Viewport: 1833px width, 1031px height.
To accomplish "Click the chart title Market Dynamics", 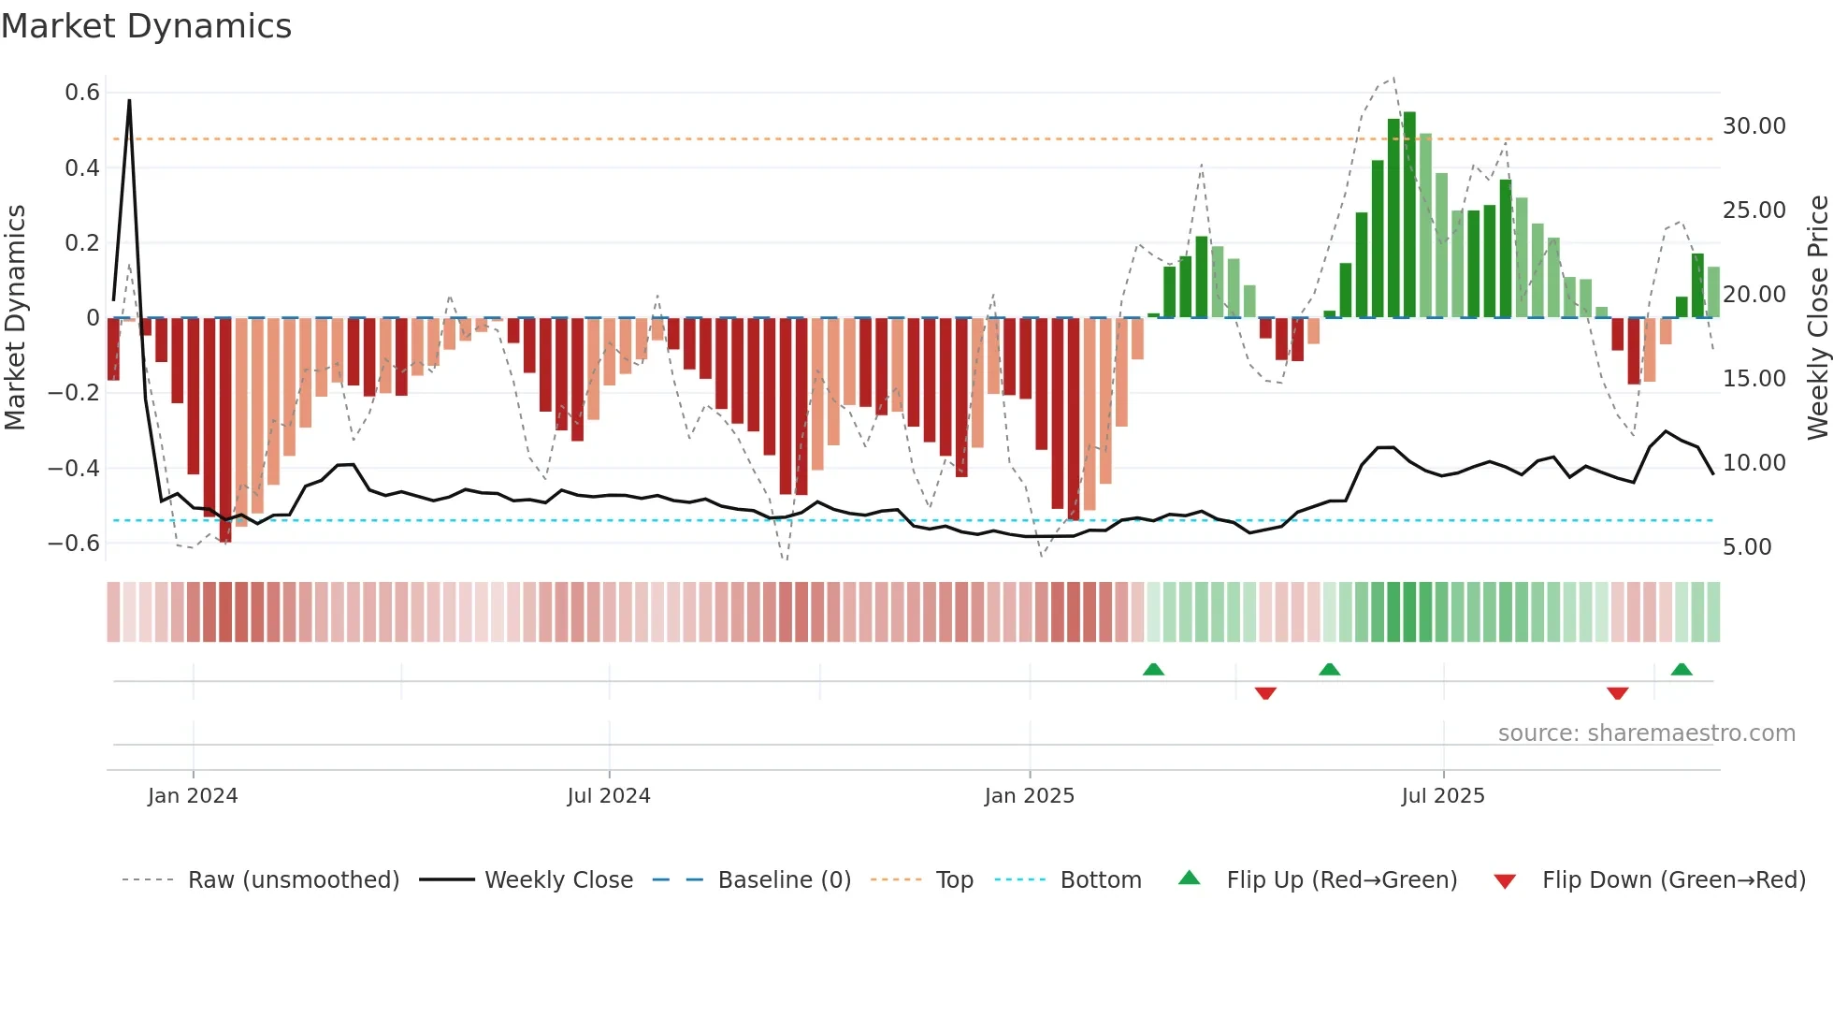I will click(146, 26).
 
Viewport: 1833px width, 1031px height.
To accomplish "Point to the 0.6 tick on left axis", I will click(82, 93).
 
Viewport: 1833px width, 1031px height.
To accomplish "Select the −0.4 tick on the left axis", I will click(74, 468).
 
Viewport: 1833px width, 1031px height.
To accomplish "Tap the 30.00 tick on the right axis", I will click(1754, 126).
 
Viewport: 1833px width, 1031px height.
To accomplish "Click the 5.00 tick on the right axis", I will click(1746, 547).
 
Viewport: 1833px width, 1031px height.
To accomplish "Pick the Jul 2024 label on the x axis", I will click(608, 796).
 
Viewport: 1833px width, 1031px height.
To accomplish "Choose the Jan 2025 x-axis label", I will click(1029, 796).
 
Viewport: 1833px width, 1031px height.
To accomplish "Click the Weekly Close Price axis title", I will click(1817, 318).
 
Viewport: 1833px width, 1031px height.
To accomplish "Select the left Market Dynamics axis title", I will click(16, 318).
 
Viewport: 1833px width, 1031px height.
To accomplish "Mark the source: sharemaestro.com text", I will click(1646, 733).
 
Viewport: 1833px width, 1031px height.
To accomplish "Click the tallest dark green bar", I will click(1409, 215).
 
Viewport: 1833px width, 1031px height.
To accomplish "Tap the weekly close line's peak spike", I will click(129, 101).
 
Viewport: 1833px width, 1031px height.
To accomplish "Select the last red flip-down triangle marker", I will click(1618, 693).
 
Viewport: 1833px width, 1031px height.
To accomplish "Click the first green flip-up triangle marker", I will click(1153, 669).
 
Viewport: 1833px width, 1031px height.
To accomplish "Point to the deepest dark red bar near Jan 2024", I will click(225, 430).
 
